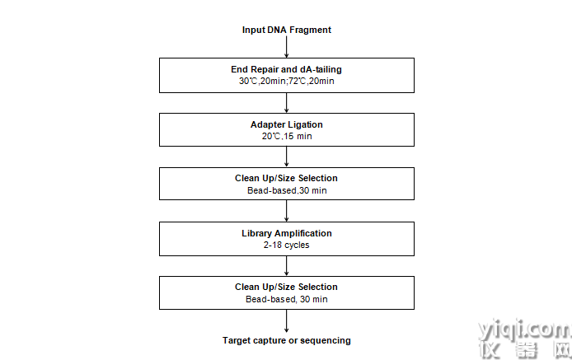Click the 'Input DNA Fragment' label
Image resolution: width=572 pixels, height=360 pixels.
[286, 30]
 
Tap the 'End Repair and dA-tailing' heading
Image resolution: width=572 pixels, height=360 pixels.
[286, 69]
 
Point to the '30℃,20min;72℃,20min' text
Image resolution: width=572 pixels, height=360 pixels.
[286, 81]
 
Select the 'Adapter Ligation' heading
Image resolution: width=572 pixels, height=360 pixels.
[286, 124]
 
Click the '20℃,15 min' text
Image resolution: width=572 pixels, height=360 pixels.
[287, 137]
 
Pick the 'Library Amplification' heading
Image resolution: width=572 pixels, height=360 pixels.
[287, 233]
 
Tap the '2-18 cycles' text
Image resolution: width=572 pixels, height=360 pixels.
[286, 245]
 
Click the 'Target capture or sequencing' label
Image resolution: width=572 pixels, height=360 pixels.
[287, 340]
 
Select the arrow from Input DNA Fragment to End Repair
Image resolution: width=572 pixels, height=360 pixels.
[286, 47]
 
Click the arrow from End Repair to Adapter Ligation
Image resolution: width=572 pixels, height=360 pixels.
[286, 103]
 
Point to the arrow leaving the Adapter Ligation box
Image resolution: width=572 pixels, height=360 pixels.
[286, 157]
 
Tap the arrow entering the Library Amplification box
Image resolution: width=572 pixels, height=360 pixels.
[286, 211]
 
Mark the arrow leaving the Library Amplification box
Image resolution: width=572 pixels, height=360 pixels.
[286, 266]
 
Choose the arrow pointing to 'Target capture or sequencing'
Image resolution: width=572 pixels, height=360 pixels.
[286, 321]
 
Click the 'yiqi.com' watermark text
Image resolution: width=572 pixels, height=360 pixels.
[524, 330]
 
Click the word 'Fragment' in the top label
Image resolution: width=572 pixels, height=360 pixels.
[310, 30]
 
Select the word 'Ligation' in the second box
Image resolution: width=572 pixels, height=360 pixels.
[305, 124]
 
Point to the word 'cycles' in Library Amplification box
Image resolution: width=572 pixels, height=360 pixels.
[298, 245]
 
